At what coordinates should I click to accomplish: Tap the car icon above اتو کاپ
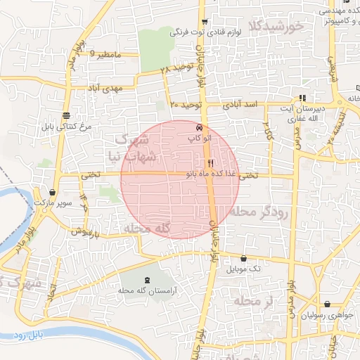(x=200, y=128)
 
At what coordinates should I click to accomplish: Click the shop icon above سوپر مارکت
(x=53, y=192)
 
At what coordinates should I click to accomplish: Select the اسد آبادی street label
(x=240, y=104)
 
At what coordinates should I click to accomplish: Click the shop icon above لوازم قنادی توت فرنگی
(x=204, y=22)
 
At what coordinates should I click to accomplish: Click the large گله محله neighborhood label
(x=148, y=229)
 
